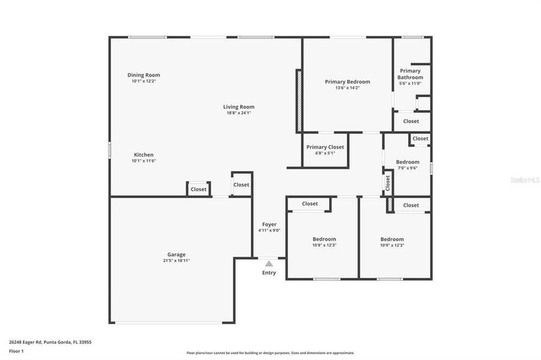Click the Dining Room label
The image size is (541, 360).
coord(144,75)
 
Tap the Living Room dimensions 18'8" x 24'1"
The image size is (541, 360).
coord(238,113)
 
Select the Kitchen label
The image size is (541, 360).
coord(144,155)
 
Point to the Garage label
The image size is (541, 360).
coord(177,254)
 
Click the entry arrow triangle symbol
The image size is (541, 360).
coord(269,263)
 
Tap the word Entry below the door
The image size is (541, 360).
coord(269,273)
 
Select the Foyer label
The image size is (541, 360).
coord(269,224)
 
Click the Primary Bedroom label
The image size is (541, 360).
coord(347,82)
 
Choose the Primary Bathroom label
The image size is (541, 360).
coord(410,74)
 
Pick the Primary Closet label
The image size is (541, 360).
coord(325,147)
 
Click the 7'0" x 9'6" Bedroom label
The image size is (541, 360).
coord(407,162)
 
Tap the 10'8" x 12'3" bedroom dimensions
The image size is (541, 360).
coord(324,245)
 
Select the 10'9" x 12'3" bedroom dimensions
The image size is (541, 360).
coord(392,245)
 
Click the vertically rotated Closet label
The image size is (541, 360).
coord(387,183)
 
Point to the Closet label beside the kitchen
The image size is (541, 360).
coord(198,190)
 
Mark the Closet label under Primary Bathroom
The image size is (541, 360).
coord(411,121)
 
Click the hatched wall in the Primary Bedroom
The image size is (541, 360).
coord(298,100)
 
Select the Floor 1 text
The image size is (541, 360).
coord(16,350)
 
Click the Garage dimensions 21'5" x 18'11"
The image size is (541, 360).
coord(177,260)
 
